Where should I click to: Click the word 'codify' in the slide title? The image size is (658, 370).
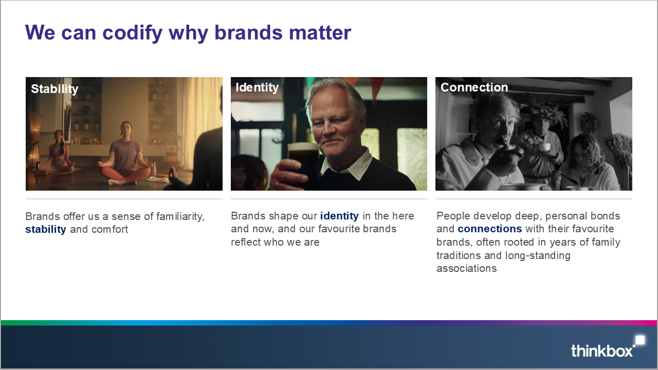133,33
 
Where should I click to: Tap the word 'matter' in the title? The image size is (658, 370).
320,32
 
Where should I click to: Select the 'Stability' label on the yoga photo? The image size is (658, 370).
54,89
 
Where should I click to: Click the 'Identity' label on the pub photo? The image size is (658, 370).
257,87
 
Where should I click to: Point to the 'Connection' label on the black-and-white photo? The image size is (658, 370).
474,87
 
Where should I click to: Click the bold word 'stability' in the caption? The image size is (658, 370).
46,229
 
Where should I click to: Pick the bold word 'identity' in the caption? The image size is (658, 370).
339,216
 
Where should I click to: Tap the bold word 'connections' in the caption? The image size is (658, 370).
490,229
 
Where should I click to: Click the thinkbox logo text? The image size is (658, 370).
601,351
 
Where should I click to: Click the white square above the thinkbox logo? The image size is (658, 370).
640,340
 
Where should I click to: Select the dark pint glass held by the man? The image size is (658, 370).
303,164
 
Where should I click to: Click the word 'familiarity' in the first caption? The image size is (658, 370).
180,216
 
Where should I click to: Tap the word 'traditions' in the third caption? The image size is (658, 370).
459,255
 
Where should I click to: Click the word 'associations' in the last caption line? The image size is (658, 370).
466,268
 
